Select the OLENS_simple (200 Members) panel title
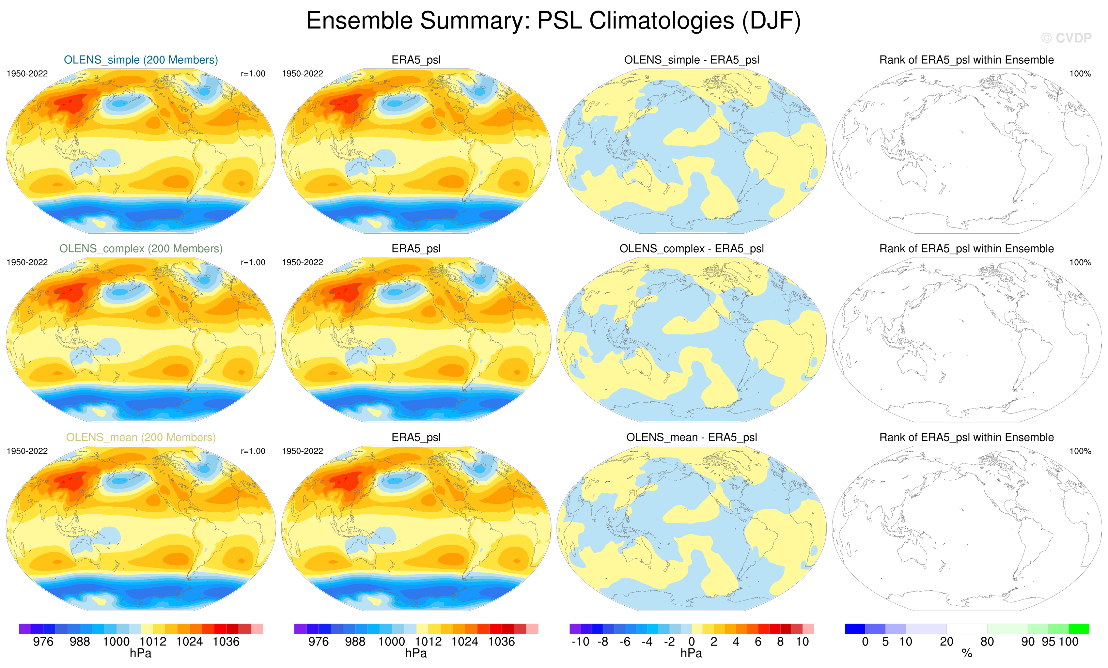pos(141,60)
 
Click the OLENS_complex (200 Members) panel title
pos(141,249)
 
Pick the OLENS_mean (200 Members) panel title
pos(141,437)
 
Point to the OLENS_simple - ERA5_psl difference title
pos(691,60)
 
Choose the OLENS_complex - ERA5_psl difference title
pos(691,249)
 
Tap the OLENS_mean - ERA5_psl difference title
pos(691,437)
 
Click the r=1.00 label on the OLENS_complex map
pos(253,262)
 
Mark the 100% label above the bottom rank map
pos(1080,451)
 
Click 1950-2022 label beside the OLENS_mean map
pos(27,451)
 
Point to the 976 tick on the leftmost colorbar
pos(43,642)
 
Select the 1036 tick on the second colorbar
pos(501,642)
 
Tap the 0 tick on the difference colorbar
pos(692,642)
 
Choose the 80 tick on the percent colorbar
pos(987,642)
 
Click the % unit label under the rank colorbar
pos(967,654)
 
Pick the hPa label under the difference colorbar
pos(691,653)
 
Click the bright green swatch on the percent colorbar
pos(1079,629)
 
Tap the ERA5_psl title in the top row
pos(416,60)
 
